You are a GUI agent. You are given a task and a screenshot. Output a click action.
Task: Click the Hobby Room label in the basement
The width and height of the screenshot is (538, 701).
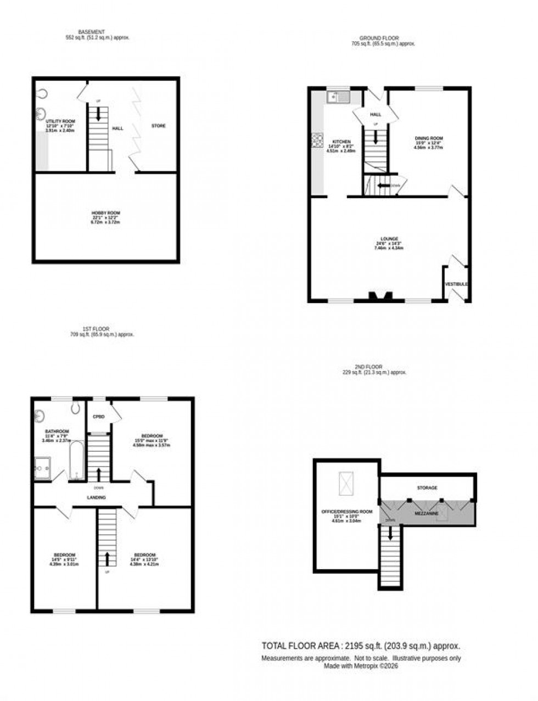(105, 213)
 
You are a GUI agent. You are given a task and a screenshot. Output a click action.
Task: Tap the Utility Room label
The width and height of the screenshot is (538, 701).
(60, 121)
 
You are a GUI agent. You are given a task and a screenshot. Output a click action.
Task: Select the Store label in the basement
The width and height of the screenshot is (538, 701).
(159, 126)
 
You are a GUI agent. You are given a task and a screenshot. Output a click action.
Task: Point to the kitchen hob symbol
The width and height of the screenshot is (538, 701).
(318, 141)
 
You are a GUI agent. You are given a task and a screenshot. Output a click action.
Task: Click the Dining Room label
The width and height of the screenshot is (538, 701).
(429, 138)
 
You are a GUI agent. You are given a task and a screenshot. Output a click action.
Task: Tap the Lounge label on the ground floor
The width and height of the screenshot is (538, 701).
(389, 239)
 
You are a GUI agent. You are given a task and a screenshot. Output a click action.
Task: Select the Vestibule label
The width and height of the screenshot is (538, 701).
(456, 284)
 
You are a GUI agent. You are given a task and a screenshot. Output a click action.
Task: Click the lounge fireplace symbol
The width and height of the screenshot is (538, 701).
(380, 296)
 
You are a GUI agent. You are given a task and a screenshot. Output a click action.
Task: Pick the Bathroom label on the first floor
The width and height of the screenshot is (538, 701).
(57, 431)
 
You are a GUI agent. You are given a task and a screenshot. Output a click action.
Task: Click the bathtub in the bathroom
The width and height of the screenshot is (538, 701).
(76, 460)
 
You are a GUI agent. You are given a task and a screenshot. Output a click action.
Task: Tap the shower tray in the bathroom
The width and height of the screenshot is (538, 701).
(43, 468)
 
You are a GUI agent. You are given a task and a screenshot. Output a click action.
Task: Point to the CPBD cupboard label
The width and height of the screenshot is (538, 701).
(99, 417)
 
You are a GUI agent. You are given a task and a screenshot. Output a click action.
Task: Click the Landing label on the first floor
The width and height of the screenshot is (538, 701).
(96, 497)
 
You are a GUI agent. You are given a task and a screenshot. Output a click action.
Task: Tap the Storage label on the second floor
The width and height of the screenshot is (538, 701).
(427, 487)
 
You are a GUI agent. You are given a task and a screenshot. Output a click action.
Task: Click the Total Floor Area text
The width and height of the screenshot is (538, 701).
(361, 646)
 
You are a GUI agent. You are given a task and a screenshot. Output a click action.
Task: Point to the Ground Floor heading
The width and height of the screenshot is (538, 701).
(383, 38)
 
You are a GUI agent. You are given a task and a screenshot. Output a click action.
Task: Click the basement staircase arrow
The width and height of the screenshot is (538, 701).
(98, 114)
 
